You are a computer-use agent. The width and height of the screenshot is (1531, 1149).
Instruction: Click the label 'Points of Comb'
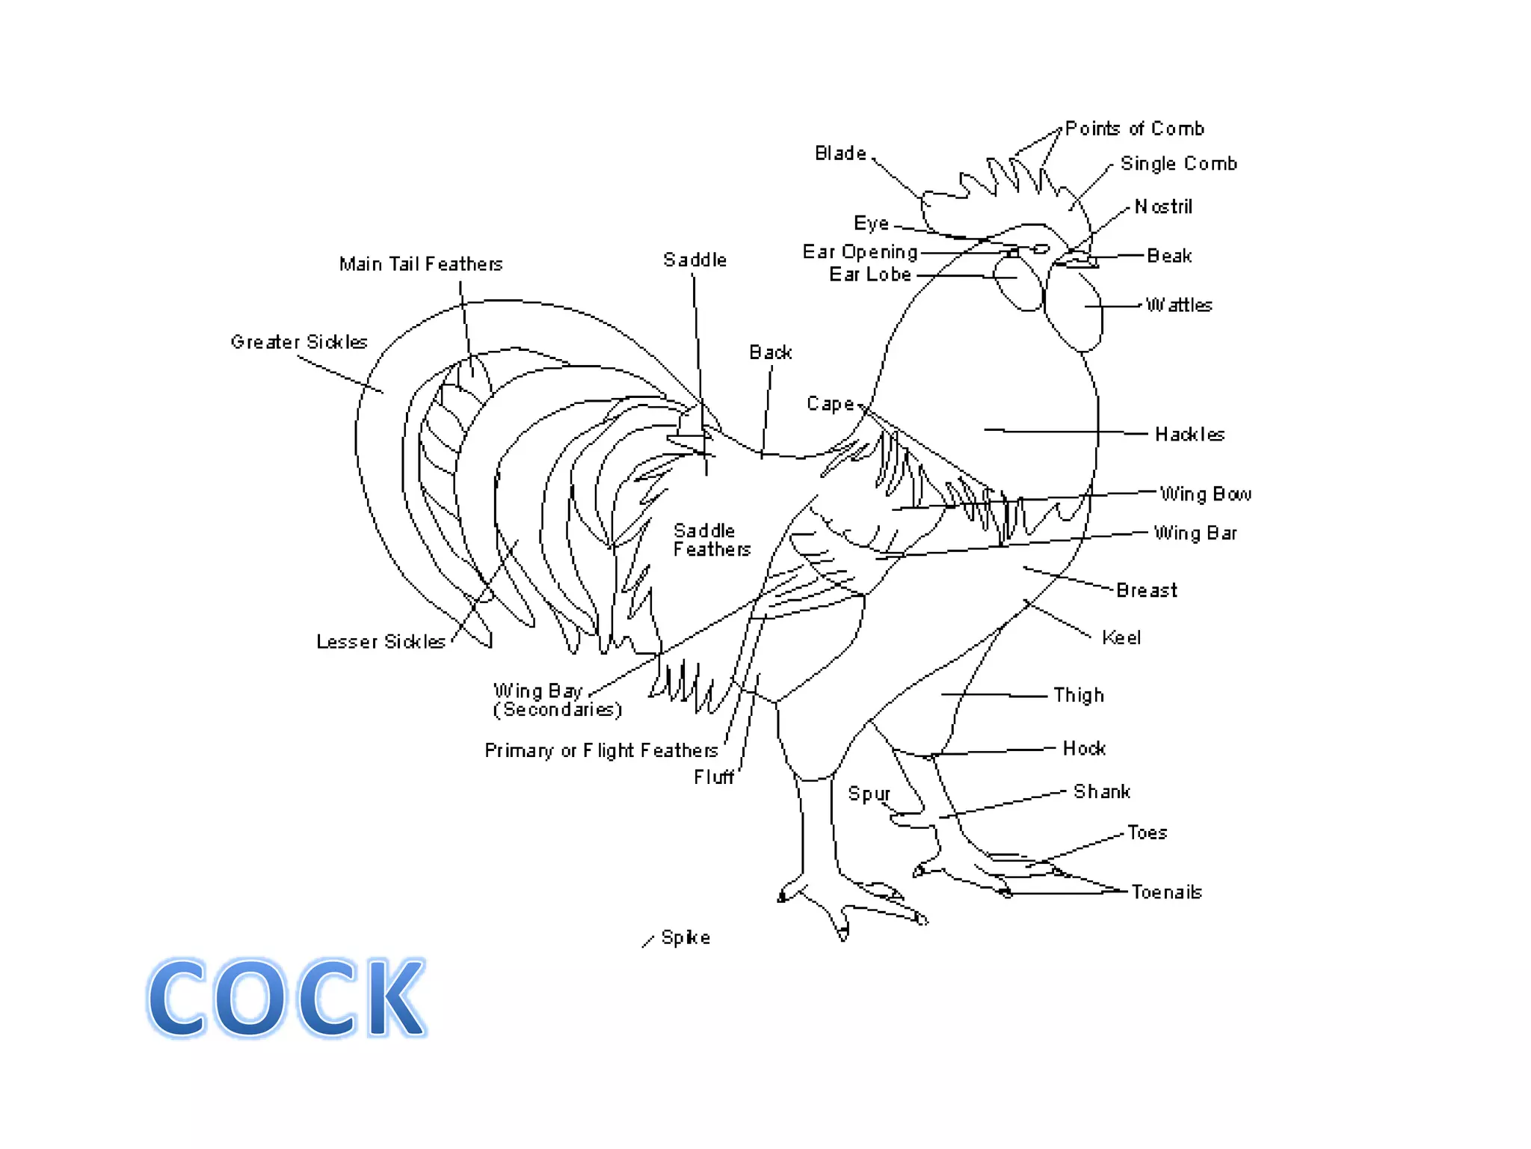click(1134, 129)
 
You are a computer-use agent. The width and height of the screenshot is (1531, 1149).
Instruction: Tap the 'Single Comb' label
click(1178, 164)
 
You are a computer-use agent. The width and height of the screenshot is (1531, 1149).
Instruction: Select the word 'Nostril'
click(1163, 206)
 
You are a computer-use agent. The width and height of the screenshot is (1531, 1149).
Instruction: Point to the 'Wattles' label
click(1179, 305)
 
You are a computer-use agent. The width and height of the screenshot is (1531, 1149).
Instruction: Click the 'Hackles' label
click(1189, 435)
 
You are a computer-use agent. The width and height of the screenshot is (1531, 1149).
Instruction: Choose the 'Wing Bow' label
click(1205, 494)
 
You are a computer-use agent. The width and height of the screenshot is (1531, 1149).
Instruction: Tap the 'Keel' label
click(1121, 638)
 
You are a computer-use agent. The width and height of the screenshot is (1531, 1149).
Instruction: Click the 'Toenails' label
click(1166, 892)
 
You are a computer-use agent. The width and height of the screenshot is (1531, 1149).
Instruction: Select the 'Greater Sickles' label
click(299, 342)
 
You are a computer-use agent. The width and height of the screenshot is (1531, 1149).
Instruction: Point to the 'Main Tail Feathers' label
click(421, 264)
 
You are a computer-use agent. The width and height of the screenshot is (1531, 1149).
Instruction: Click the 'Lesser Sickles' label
click(381, 642)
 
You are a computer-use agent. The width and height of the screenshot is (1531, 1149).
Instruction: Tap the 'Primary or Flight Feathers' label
click(601, 751)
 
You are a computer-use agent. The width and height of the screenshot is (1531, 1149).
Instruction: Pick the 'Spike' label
click(686, 938)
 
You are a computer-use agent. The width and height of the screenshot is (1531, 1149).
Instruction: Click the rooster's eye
click(1041, 249)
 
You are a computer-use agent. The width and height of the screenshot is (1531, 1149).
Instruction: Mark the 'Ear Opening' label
click(860, 252)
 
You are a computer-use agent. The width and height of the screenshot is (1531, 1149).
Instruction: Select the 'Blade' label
click(840, 153)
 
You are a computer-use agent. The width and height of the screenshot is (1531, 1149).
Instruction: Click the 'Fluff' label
click(714, 778)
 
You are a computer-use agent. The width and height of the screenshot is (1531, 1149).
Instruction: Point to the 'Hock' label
click(1084, 749)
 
